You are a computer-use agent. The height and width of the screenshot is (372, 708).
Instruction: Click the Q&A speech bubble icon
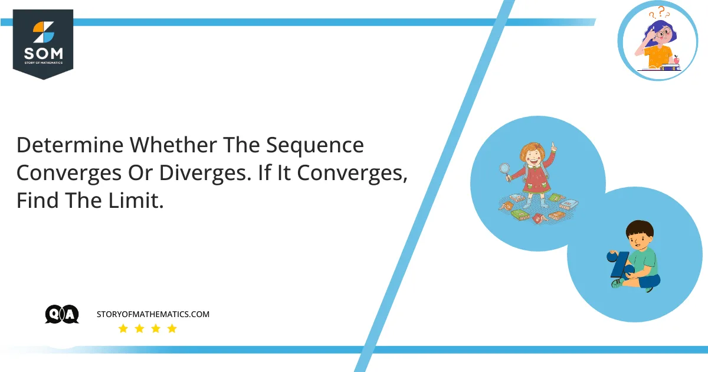pyautogui.click(x=61, y=315)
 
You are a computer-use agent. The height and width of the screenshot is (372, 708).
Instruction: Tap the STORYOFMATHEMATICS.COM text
pyautogui.click(x=153, y=315)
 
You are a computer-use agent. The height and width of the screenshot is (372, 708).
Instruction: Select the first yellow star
pyautogui.click(x=123, y=329)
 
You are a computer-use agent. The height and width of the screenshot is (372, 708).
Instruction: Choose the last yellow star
pyautogui.click(x=172, y=329)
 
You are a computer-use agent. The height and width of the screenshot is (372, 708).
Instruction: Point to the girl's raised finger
pyautogui.click(x=553, y=145)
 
